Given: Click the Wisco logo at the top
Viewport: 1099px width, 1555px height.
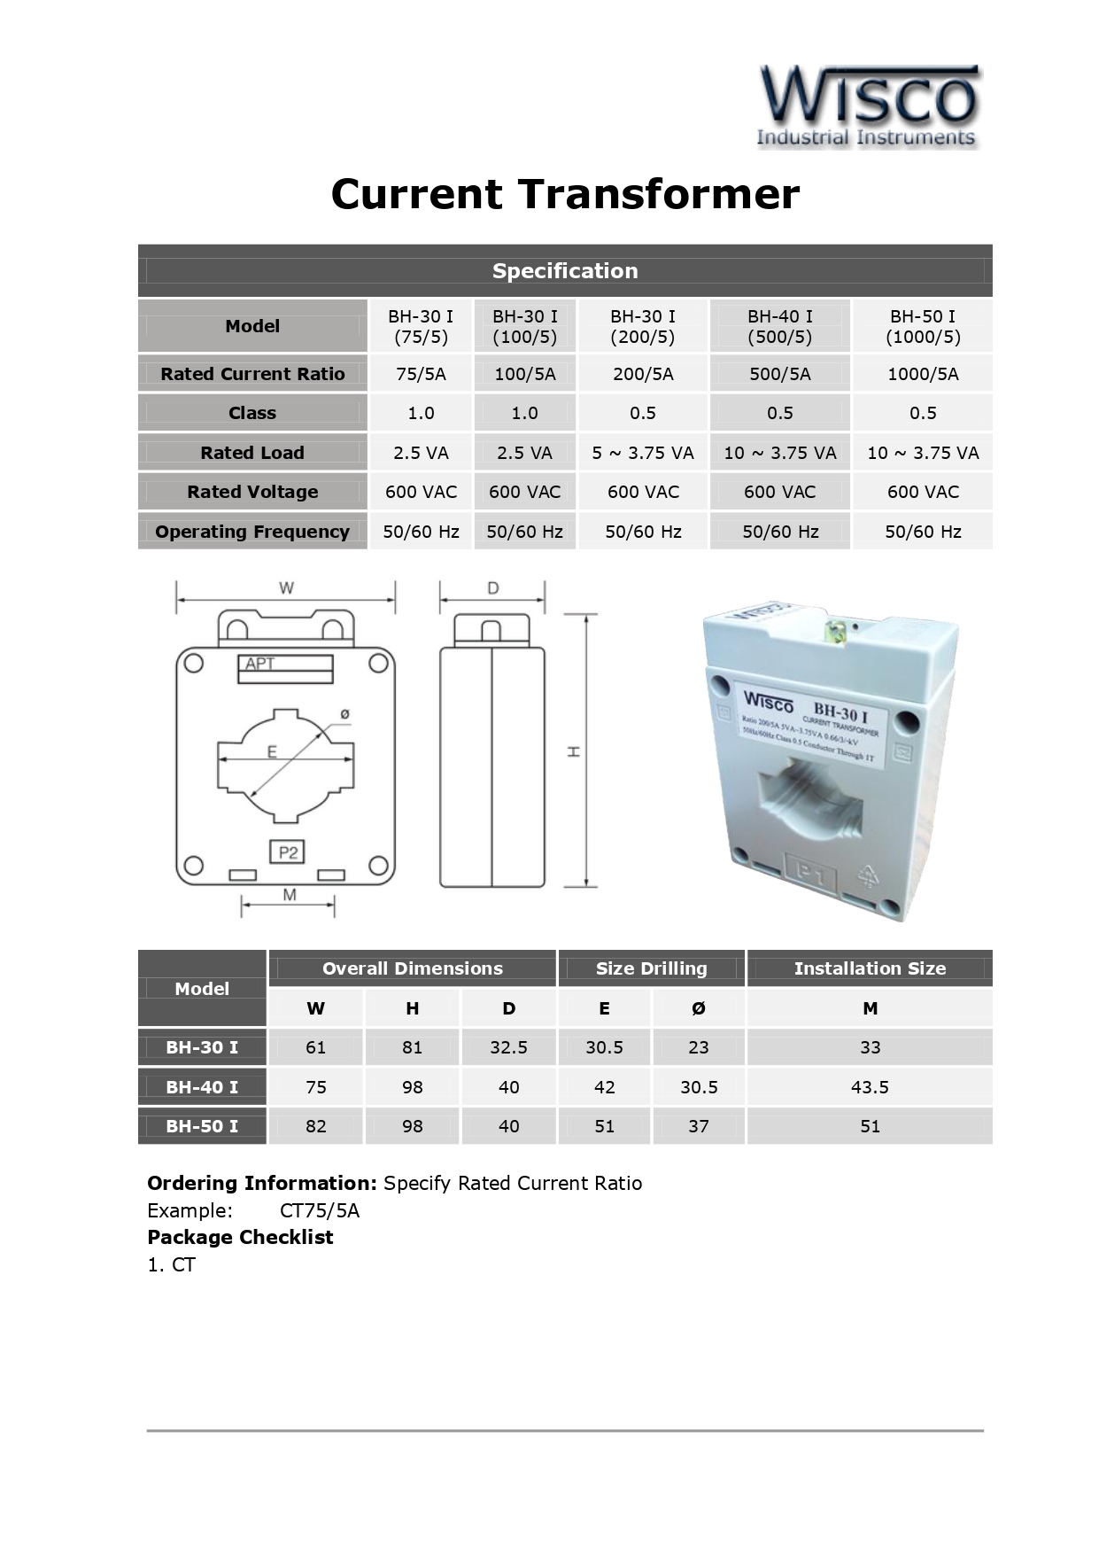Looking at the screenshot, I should (868, 105).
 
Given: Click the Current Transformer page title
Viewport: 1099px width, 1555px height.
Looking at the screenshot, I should (565, 194).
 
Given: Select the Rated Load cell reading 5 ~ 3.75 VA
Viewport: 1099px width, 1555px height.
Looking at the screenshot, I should (643, 453).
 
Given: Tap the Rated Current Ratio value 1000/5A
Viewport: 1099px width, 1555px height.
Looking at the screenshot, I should (923, 374).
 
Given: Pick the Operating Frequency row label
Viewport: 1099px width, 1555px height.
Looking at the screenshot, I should (252, 532).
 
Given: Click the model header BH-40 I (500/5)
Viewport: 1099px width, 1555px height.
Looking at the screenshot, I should (779, 326).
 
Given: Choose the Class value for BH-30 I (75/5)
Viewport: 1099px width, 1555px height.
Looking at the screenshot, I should (421, 413).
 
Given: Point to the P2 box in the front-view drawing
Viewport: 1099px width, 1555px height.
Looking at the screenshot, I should (288, 852).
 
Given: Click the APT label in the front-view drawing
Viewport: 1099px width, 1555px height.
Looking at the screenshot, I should (260, 664).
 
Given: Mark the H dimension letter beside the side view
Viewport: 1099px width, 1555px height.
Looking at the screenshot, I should (574, 751).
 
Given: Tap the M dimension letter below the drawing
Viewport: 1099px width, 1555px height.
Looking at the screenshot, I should (290, 895).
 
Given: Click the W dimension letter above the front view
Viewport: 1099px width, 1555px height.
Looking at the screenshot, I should (286, 587).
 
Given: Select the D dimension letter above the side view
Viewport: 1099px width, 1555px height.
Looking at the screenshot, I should (493, 587).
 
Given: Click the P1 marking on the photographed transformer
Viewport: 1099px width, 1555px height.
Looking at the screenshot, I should (810, 875).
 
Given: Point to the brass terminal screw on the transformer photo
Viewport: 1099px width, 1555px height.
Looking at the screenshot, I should (834, 631).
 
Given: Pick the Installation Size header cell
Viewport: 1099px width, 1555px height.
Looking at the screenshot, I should (870, 968).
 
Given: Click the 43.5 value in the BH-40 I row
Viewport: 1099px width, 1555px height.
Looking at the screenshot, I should (870, 1087).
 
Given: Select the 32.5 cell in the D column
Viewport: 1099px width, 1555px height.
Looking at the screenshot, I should (508, 1047).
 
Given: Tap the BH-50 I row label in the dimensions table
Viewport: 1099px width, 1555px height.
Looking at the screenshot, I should (202, 1126).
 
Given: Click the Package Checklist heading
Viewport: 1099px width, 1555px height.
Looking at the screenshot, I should (240, 1237).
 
